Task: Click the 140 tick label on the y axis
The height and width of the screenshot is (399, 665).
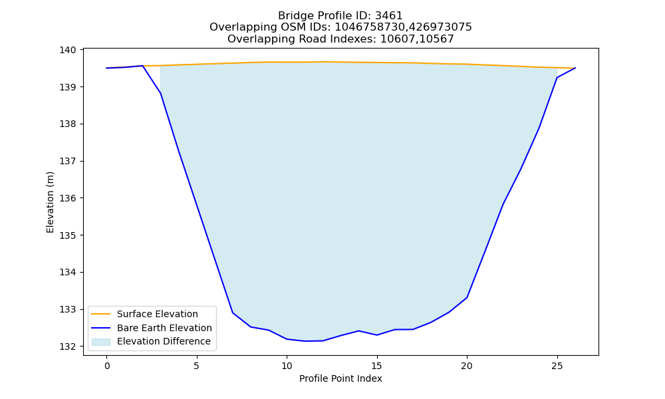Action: tap(67, 50)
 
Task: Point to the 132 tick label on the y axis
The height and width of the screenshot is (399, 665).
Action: tap(67, 346)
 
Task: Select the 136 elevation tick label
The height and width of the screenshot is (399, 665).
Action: tap(67, 198)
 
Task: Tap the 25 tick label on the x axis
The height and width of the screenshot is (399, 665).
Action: tap(557, 366)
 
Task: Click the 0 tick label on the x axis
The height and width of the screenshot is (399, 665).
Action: tap(107, 366)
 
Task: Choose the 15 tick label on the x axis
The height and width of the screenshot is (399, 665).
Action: tap(376, 366)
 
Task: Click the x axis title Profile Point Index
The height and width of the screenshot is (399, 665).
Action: tap(340, 378)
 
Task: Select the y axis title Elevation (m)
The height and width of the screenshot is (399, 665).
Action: tap(50, 202)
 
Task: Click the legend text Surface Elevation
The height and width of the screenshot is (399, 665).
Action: tap(158, 314)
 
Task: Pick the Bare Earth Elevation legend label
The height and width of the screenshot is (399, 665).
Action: tap(164, 328)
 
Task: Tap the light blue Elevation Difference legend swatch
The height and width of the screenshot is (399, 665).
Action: tap(101, 342)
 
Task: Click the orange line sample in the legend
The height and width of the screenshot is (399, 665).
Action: tap(101, 314)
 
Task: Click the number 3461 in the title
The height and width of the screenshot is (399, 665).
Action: tap(389, 16)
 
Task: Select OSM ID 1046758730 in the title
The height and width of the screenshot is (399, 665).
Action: tap(371, 27)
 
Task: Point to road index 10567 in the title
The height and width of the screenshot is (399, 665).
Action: tap(436, 39)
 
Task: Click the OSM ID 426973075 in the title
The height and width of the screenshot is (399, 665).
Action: tap(441, 27)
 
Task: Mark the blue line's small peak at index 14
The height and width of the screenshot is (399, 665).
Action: tap(359, 331)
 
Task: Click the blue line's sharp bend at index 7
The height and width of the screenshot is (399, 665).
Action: tap(232, 313)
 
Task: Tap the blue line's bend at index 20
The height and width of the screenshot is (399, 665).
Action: tap(467, 298)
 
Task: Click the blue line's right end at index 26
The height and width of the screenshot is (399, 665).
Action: tap(575, 68)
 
